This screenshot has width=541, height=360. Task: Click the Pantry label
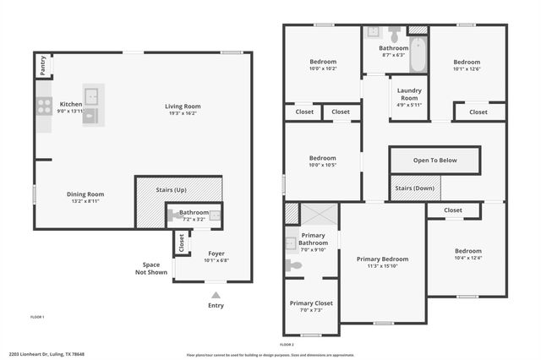[42, 65]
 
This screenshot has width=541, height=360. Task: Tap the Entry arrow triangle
[216, 295]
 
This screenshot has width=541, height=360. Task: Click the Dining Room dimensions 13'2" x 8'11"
[85, 202]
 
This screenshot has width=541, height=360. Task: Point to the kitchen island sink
[91, 95]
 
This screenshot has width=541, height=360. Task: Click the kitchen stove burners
[43, 106]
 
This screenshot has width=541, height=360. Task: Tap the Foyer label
[216, 253]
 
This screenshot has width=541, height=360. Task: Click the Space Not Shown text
[151, 268]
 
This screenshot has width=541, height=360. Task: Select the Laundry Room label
[409, 94]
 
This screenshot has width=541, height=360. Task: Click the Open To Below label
[434, 160]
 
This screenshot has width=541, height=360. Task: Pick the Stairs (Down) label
[413, 188]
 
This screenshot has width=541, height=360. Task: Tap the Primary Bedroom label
[382, 259]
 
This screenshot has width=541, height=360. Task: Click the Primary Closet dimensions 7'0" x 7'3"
[312, 310]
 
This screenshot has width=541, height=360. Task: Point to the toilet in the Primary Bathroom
[294, 265]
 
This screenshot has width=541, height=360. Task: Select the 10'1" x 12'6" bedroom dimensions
[467, 69]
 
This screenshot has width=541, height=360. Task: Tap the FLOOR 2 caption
[287, 344]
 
